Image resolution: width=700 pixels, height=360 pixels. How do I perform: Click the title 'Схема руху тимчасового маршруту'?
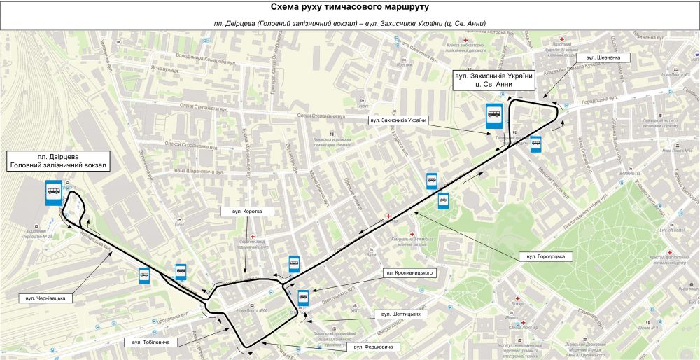pyautogui.click(x=349, y=7)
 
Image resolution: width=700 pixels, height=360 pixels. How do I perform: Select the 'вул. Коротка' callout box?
pyautogui.click(x=241, y=211)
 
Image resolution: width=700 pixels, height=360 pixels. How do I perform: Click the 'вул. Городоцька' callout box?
pyautogui.click(x=546, y=257)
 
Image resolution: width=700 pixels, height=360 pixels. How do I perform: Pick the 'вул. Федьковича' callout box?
pyautogui.click(x=372, y=347)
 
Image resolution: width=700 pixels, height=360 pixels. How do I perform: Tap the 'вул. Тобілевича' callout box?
pyautogui.click(x=151, y=342)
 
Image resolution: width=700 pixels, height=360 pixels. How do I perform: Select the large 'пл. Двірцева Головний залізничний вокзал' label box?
pyautogui.click(x=58, y=161)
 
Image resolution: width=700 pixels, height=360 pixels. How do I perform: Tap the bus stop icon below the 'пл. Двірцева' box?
pyautogui.click(x=53, y=192)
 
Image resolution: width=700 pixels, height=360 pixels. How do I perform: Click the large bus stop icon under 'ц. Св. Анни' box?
pyautogui.click(x=494, y=116)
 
